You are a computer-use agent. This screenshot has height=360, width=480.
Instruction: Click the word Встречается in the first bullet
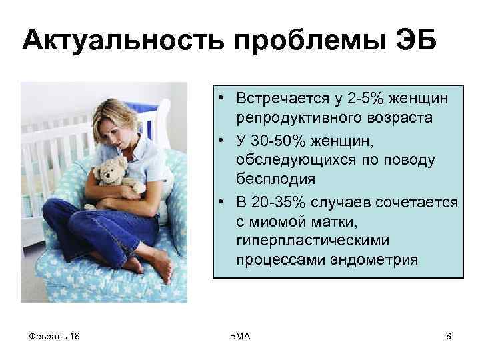280,99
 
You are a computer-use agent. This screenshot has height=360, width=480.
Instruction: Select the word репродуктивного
299,117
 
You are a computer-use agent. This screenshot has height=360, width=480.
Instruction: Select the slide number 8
448,336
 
